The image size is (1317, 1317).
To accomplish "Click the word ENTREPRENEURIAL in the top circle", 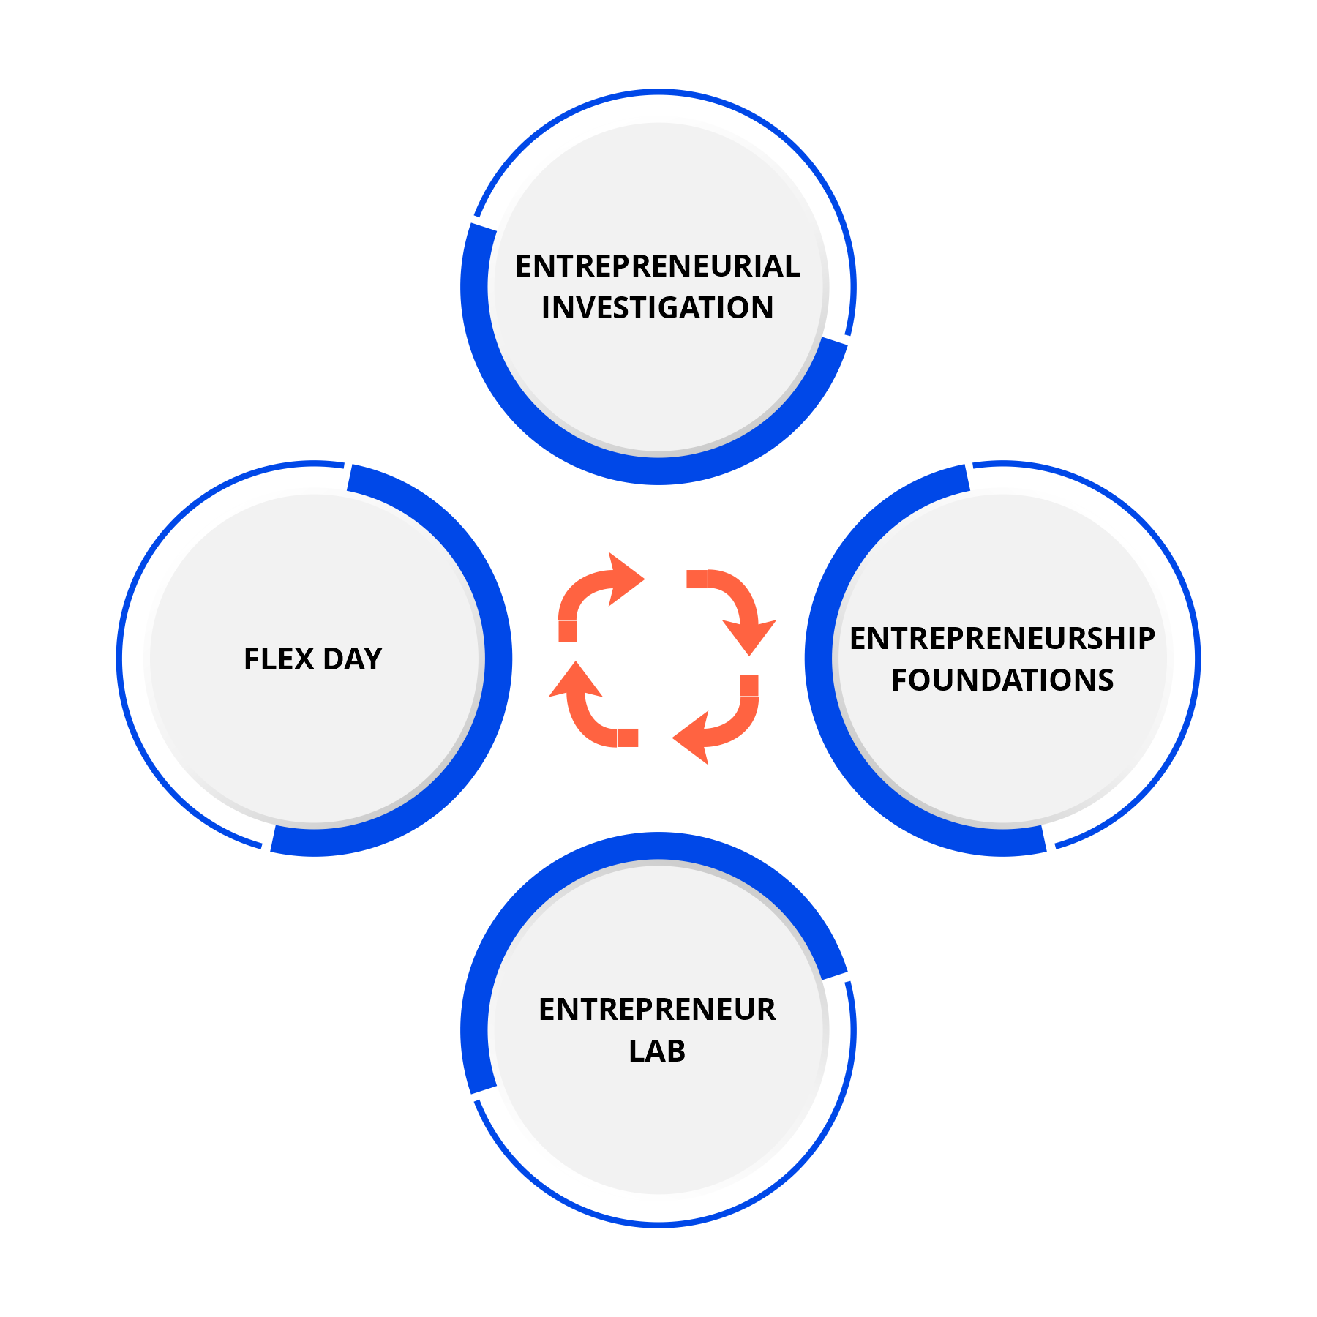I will [x=657, y=266].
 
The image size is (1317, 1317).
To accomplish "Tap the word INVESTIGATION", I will [x=657, y=308].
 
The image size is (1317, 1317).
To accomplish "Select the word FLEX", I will [x=278, y=659].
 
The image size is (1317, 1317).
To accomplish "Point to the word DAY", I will [x=353, y=659].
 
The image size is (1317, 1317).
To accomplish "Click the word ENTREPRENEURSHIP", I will [x=1002, y=639].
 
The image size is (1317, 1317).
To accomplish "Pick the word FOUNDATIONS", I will [x=1002, y=680].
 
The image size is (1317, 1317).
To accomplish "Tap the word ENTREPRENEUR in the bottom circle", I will [x=657, y=1010].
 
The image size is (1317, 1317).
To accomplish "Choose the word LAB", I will [x=657, y=1051].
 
